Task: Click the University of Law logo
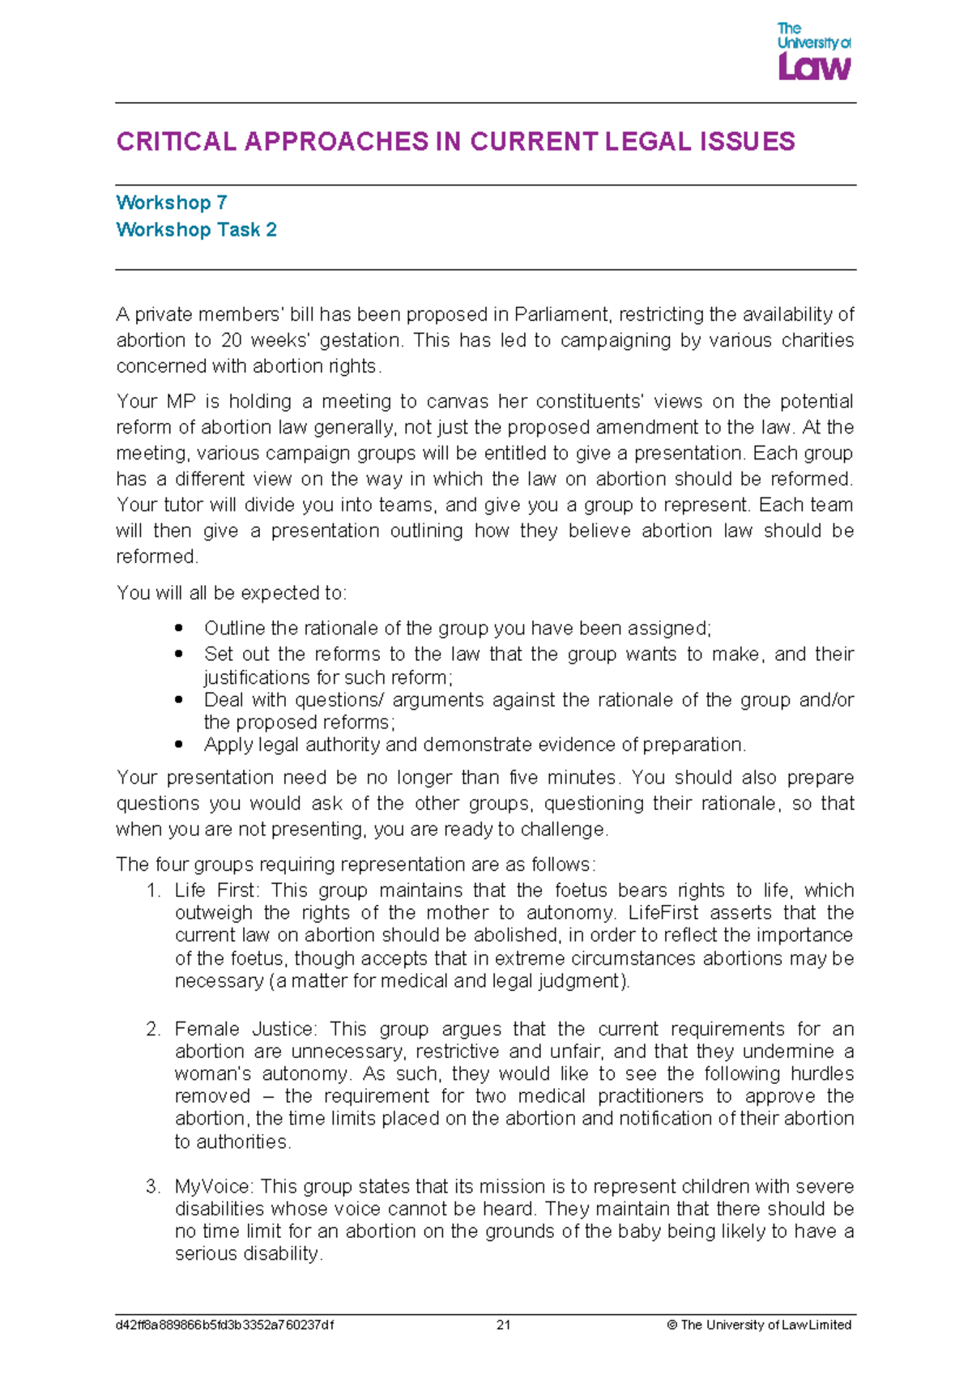point(813,51)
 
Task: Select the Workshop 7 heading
point(171,203)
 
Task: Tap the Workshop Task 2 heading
point(196,230)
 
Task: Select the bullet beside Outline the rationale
point(179,628)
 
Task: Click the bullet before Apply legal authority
point(179,744)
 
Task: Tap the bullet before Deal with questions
point(179,699)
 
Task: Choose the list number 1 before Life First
point(153,890)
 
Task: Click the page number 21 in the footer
point(503,1325)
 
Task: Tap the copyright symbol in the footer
point(671,1325)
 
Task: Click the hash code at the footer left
point(224,1325)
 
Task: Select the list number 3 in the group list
point(153,1187)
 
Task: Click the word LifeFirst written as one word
point(663,913)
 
